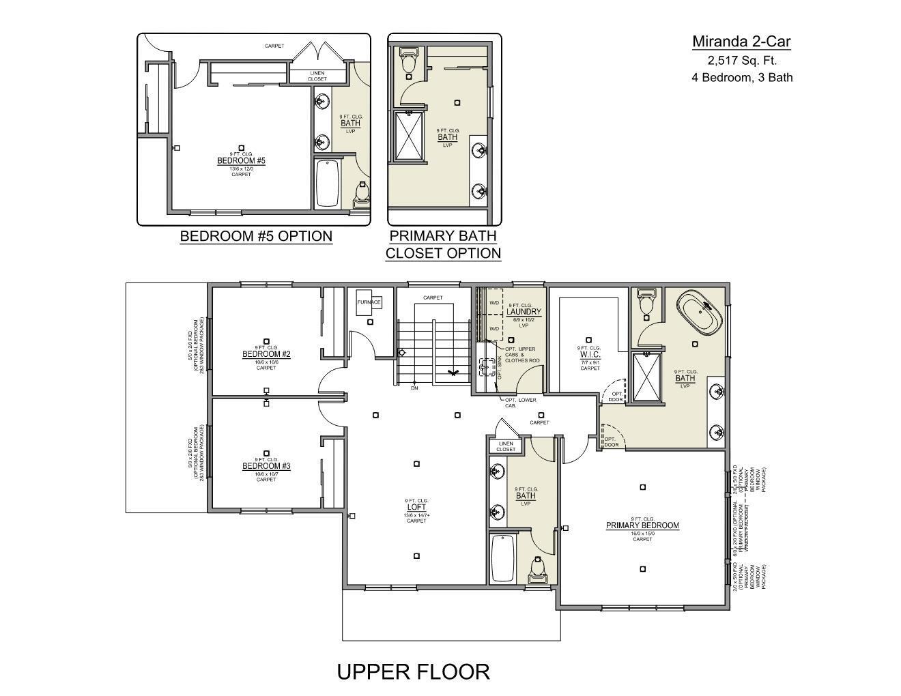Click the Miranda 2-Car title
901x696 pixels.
click(741, 42)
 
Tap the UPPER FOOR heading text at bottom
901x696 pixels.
click(413, 671)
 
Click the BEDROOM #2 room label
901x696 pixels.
click(266, 354)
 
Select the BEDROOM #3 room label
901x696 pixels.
click(266, 466)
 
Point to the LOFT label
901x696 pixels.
click(416, 507)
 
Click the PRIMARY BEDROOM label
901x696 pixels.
click(642, 525)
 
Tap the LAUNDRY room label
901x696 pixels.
click(524, 312)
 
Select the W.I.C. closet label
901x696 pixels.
click(590, 354)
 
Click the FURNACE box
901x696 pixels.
click(369, 302)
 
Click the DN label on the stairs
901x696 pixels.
click(414, 388)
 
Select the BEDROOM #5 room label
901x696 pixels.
click(241, 160)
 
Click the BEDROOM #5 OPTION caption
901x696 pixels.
click(256, 236)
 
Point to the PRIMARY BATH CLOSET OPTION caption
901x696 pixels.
click(443, 244)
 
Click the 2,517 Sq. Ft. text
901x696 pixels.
click(742, 60)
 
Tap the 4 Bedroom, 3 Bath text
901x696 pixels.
click(742, 77)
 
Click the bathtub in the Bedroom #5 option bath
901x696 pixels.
click(328, 182)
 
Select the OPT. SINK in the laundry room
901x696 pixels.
click(487, 368)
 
